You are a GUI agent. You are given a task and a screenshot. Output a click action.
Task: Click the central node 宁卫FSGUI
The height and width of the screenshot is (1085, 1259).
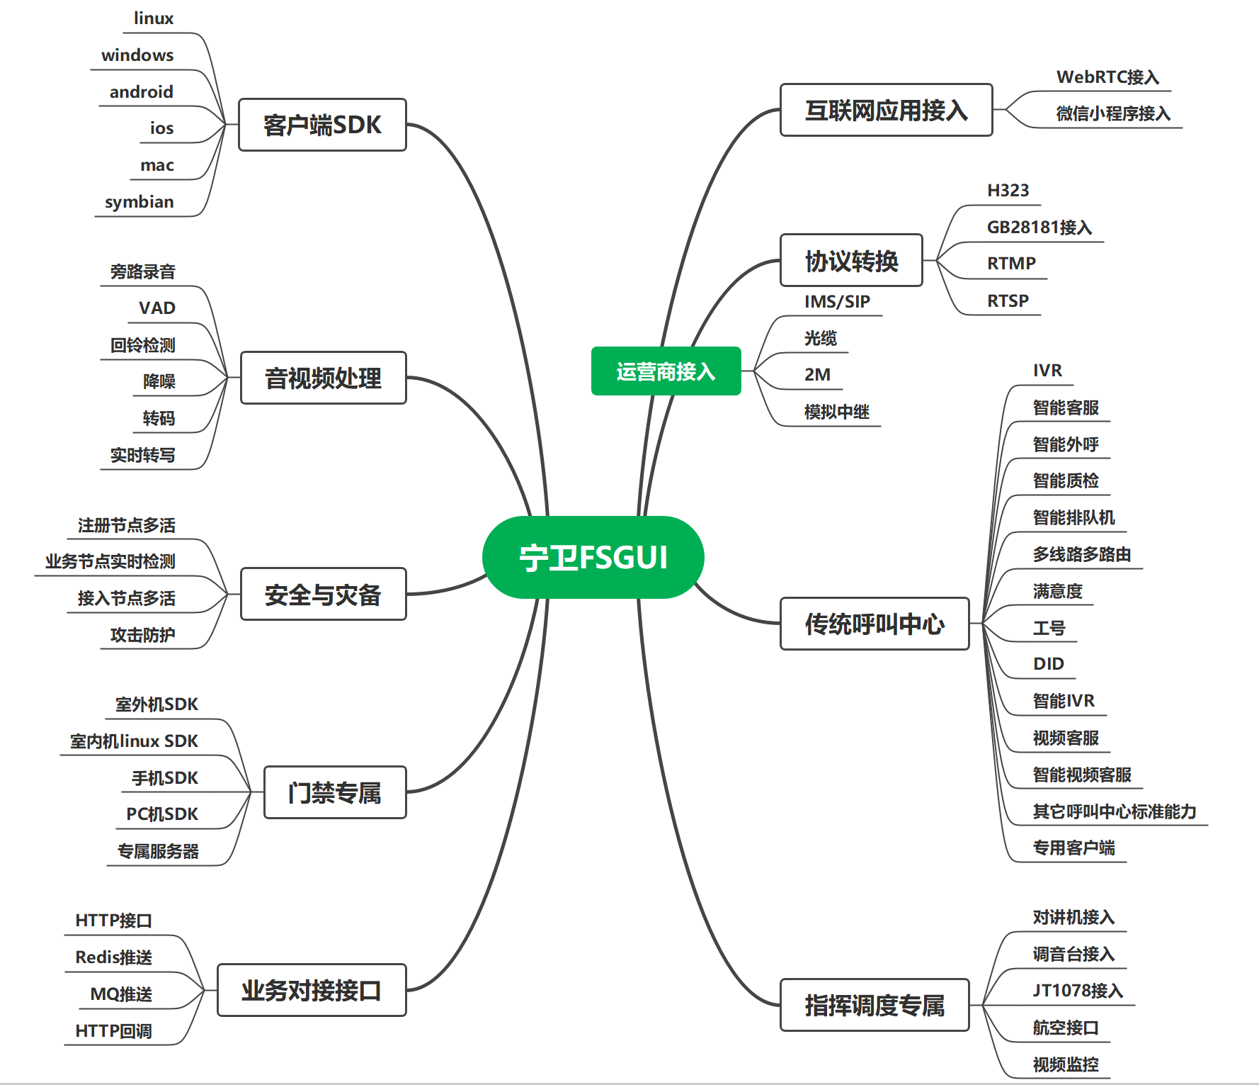click(x=593, y=558)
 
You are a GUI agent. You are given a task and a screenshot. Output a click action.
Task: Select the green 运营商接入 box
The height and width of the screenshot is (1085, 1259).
click(x=666, y=371)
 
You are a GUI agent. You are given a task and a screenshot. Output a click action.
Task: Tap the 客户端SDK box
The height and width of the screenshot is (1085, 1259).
click(x=322, y=125)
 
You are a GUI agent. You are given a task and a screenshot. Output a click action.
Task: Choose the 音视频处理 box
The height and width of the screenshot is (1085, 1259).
click(x=323, y=378)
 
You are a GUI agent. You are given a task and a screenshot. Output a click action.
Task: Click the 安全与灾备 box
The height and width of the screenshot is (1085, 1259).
click(x=323, y=595)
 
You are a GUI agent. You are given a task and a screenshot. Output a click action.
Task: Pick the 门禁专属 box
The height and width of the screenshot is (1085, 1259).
click(x=334, y=792)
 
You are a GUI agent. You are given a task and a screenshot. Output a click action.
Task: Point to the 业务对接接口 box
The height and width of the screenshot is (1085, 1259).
click(x=312, y=990)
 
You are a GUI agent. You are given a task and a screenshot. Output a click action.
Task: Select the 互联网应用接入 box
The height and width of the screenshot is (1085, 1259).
click(x=886, y=111)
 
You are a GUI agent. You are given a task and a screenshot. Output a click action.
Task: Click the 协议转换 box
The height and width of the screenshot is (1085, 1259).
click(x=851, y=261)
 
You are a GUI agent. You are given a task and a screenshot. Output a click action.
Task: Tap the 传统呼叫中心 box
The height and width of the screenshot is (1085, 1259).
click(x=875, y=624)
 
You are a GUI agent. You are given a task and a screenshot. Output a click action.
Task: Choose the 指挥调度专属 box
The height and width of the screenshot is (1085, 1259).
click(x=875, y=1005)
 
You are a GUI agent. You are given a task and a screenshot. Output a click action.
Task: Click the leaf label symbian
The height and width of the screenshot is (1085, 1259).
click(x=139, y=202)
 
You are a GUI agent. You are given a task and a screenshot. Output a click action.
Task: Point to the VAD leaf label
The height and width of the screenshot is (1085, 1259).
click(x=157, y=308)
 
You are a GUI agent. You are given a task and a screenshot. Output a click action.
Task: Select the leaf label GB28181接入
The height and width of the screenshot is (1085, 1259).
click(x=1039, y=227)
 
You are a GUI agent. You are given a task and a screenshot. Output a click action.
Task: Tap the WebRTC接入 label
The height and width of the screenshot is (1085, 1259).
click(x=1107, y=77)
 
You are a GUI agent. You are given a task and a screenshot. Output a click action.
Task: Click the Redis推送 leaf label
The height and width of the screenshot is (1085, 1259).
click(x=114, y=957)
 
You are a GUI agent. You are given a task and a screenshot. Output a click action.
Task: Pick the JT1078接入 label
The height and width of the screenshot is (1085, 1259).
click(x=1078, y=991)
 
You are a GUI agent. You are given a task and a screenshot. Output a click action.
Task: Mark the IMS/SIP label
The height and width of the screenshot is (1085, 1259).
click(x=837, y=302)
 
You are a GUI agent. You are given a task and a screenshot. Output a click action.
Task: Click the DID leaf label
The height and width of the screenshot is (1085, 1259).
click(x=1048, y=664)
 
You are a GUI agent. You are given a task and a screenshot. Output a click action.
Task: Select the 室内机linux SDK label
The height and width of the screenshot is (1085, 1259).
click(x=134, y=741)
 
